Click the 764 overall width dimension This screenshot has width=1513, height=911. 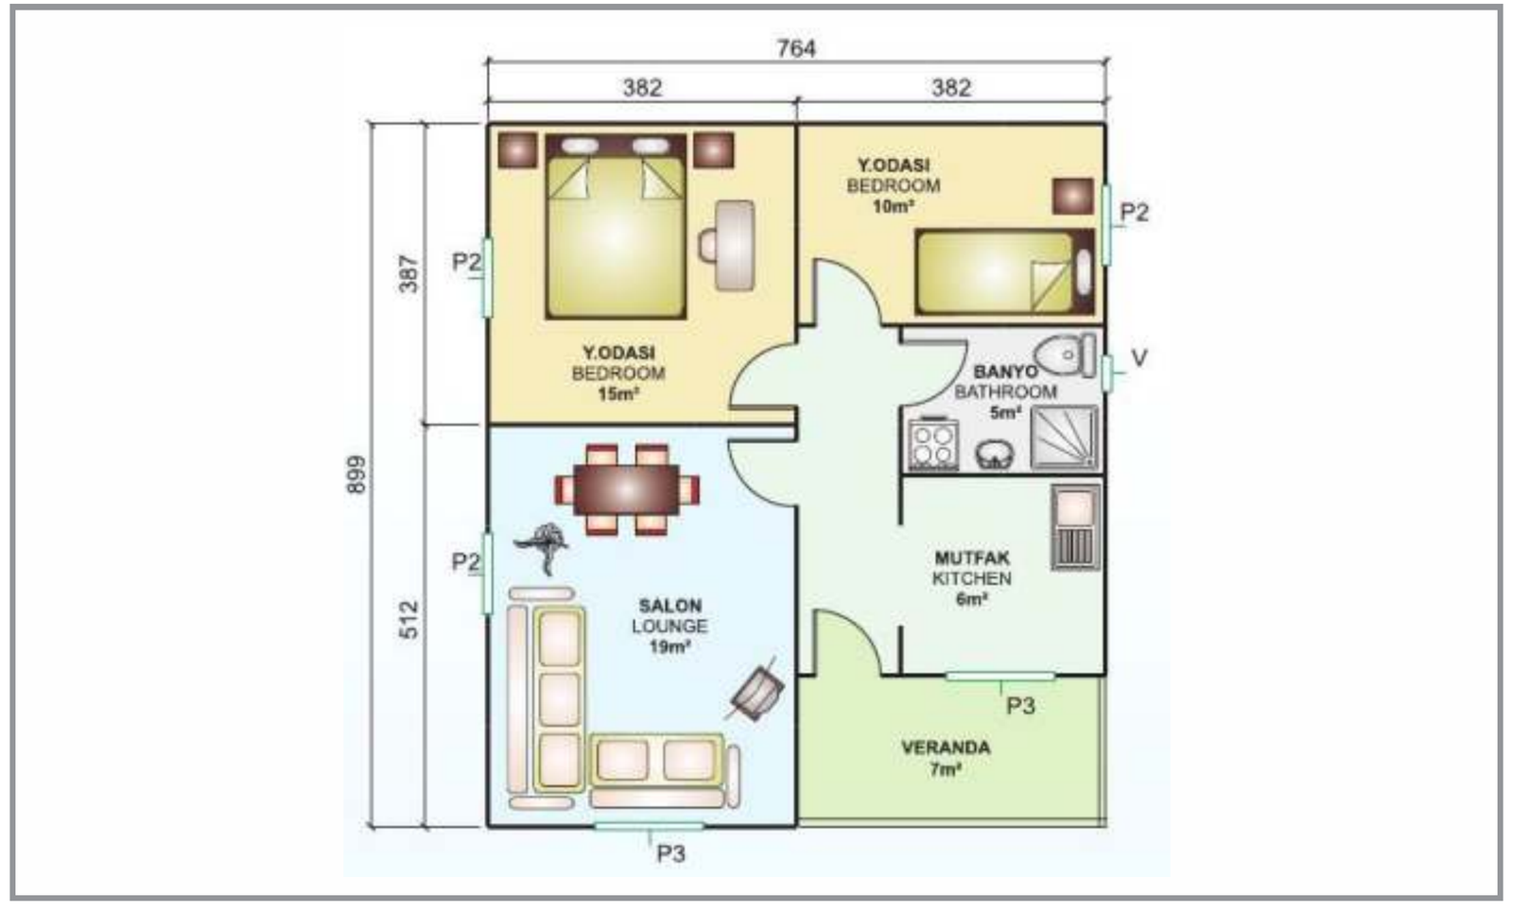pyautogui.click(x=796, y=48)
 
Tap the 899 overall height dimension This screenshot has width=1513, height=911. pyautogui.click(x=357, y=475)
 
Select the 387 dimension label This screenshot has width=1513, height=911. pyautogui.click(x=409, y=273)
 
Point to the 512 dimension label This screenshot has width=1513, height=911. pyautogui.click(x=409, y=620)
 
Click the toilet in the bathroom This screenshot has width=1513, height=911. pyautogui.click(x=1065, y=355)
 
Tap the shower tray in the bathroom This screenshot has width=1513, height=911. pyautogui.click(x=1065, y=437)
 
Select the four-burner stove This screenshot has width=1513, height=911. pyautogui.click(x=933, y=444)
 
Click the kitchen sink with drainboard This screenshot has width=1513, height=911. pyautogui.click(x=1075, y=527)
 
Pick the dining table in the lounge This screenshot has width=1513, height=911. pyautogui.click(x=626, y=490)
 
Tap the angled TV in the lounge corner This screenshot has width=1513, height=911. pyautogui.click(x=756, y=692)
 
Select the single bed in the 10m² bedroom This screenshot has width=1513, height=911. pyautogui.click(x=1004, y=272)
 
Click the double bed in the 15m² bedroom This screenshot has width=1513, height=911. pyautogui.click(x=616, y=226)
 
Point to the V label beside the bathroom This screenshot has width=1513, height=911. pyautogui.click(x=1139, y=358)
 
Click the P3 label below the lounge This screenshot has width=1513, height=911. pyautogui.click(x=671, y=854)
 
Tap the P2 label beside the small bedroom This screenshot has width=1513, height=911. pyautogui.click(x=1135, y=212)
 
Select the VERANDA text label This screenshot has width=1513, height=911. pyautogui.click(x=946, y=747)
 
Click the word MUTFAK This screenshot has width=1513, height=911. pyautogui.click(x=972, y=558)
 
